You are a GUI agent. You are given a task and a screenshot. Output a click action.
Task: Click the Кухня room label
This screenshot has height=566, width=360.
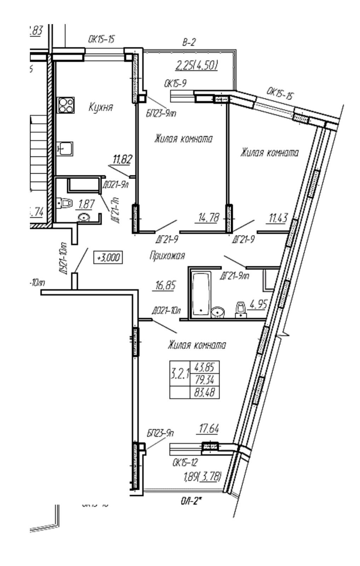tap(101, 108)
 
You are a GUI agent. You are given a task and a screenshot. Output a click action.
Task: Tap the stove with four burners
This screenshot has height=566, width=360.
tap(66, 105)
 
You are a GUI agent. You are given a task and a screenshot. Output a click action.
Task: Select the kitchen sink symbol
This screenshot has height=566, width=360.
tap(65, 149)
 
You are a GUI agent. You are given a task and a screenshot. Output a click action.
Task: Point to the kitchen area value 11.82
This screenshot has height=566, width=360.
tap(122, 160)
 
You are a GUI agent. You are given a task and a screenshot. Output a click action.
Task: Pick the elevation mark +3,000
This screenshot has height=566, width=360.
tap(108, 258)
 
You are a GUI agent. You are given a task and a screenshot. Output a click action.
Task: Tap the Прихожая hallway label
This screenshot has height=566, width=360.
tap(167, 255)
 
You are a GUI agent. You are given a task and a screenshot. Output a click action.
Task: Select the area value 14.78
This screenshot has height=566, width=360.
tap(207, 218)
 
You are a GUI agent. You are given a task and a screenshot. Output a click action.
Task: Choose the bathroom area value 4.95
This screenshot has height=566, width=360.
tap(258, 304)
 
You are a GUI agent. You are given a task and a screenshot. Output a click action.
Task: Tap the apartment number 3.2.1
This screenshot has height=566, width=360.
tap(180, 374)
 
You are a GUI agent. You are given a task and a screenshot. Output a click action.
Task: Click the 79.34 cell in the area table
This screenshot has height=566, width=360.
tap(205, 380)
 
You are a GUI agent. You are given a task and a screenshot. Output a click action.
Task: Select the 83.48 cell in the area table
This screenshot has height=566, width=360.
tap(205, 392)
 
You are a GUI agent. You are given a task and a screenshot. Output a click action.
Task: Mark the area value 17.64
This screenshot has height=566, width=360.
tap(207, 429)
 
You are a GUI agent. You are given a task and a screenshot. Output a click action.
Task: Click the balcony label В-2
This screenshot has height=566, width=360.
tap(188, 43)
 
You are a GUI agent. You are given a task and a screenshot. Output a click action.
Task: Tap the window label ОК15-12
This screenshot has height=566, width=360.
tap(185, 462)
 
